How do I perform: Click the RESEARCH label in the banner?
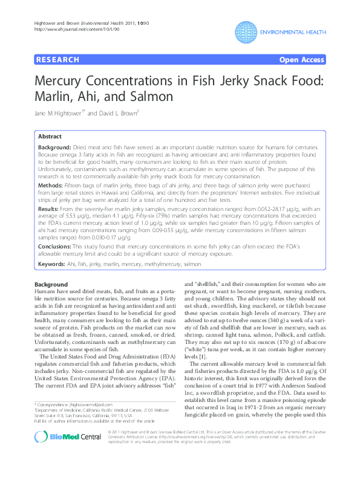tap(58, 60)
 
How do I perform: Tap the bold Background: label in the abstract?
tap(57, 148)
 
